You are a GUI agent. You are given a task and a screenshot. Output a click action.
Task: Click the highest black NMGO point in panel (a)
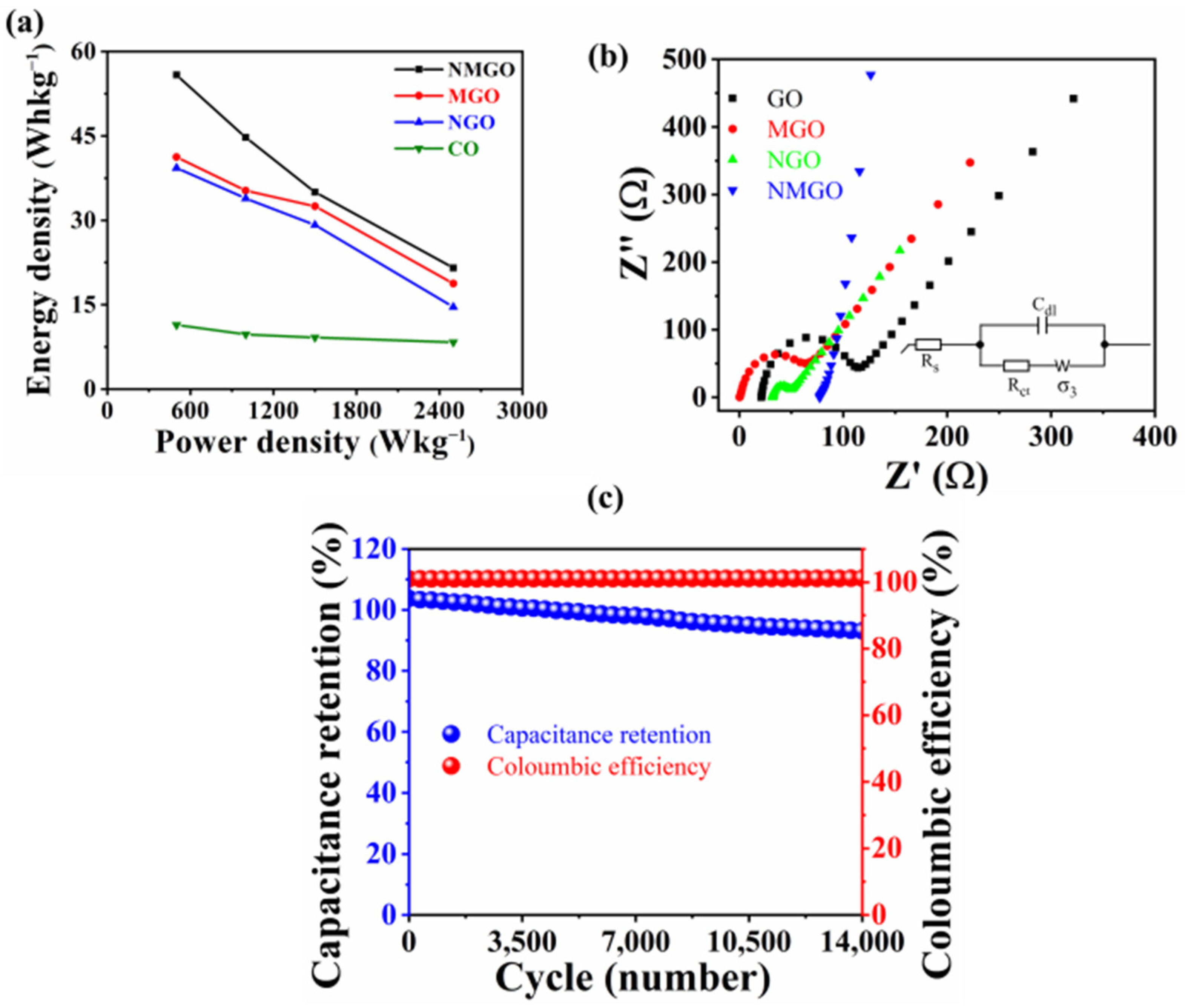click(177, 75)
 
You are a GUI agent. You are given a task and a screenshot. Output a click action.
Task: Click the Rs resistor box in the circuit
click(928, 345)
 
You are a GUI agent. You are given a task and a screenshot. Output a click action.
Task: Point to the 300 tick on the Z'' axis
click(682, 194)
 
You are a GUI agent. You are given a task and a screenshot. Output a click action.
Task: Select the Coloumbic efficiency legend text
click(598, 766)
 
